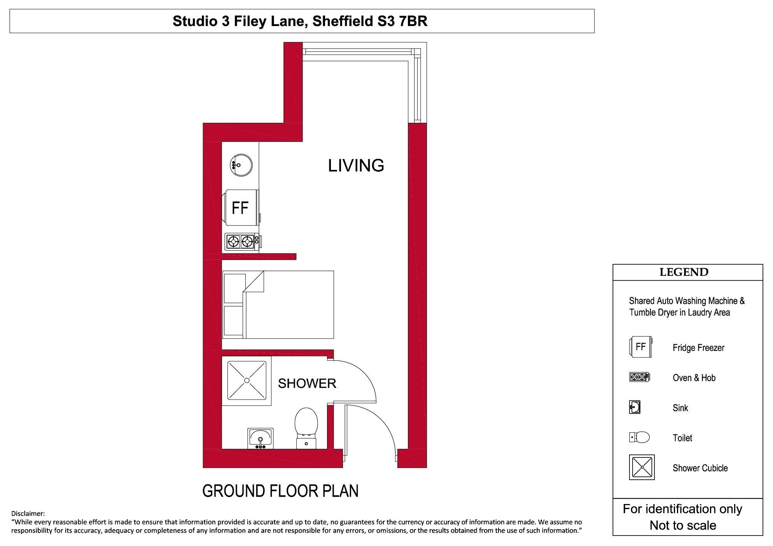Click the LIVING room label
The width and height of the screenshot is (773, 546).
click(x=356, y=166)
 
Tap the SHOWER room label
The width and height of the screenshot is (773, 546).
click(x=307, y=384)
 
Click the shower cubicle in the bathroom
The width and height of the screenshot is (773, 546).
click(x=247, y=380)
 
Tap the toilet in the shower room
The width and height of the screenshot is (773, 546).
click(x=306, y=428)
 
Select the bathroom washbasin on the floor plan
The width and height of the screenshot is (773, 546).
click(x=261, y=438)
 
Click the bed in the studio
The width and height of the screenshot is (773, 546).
click(x=278, y=305)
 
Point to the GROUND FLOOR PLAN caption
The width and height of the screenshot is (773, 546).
click(x=280, y=491)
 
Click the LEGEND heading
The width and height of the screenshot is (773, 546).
click(x=684, y=272)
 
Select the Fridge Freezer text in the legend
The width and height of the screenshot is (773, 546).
click(x=698, y=348)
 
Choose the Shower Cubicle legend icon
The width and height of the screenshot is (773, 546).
click(x=642, y=468)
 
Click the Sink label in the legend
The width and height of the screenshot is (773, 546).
click(x=680, y=408)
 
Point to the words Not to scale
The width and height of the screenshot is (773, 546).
click(x=683, y=525)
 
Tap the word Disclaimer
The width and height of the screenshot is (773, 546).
click(x=28, y=514)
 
